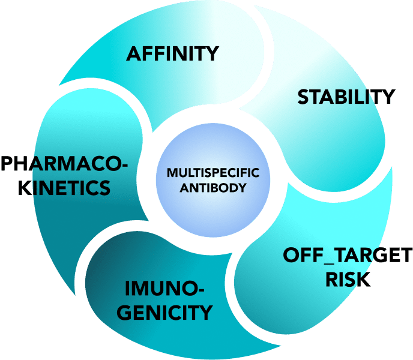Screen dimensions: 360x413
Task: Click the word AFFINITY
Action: [172, 54]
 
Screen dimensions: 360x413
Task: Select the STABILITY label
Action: [346, 97]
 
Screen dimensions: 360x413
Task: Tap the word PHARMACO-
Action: [64, 163]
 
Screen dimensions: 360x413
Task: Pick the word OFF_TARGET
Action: [348, 256]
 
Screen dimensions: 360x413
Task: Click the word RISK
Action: [348, 280]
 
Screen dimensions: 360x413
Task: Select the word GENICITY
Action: [169, 313]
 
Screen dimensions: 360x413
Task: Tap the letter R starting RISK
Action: [333, 280]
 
